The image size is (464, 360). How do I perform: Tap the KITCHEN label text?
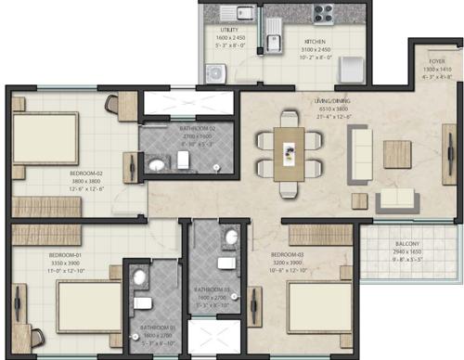(x=313, y=42)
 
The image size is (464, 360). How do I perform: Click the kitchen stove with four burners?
(x=322, y=13)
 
